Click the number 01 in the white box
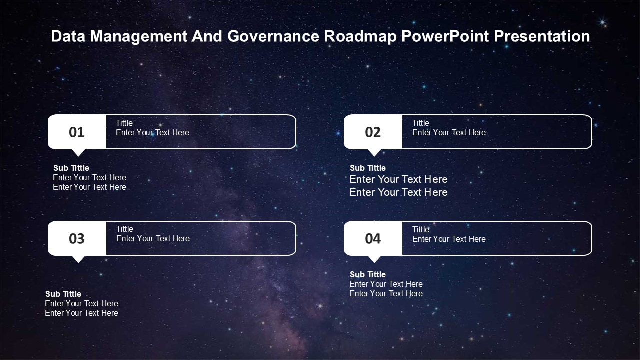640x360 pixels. (77, 132)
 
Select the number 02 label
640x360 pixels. (373, 132)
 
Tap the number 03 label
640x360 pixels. (77, 239)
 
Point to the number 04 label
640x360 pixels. (373, 239)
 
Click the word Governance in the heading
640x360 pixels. (273, 36)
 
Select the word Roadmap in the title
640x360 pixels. (360, 37)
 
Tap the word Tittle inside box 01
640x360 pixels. (124, 123)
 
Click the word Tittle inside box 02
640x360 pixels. (421, 123)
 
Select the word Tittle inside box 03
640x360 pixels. (125, 229)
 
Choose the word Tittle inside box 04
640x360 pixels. (421, 229)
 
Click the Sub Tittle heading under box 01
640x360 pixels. (71, 168)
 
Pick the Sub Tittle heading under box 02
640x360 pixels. (368, 168)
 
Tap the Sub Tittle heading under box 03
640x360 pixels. (63, 294)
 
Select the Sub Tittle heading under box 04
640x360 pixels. (368, 274)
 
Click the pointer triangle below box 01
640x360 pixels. (78, 152)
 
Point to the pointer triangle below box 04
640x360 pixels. (374, 259)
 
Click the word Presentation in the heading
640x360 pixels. (542, 36)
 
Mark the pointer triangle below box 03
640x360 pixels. (78, 259)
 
